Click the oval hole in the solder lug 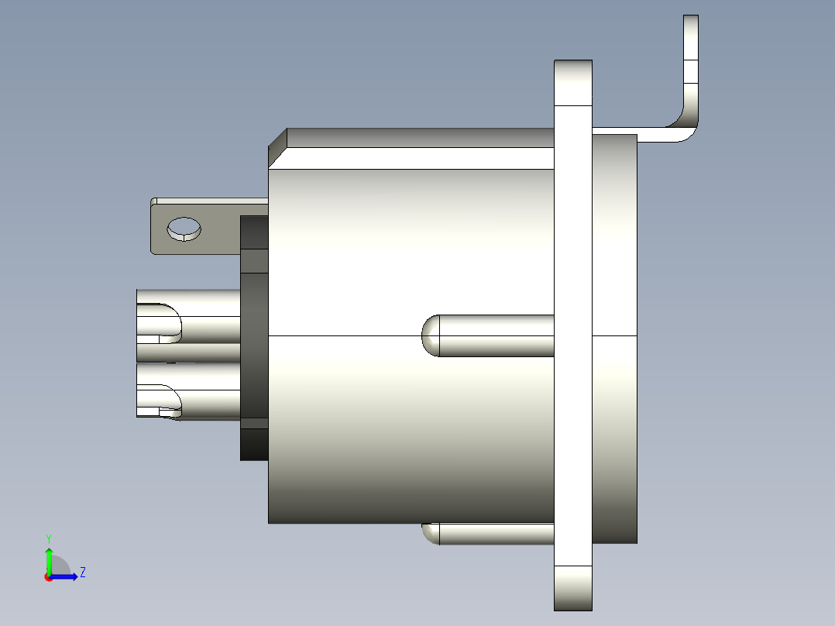[184, 229]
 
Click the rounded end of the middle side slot [430, 335]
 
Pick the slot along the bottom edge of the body [488, 533]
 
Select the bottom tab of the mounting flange [573, 588]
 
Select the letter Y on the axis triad [49, 538]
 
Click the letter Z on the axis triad [82, 573]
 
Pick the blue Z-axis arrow [66, 576]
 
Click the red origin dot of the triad [49, 576]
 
